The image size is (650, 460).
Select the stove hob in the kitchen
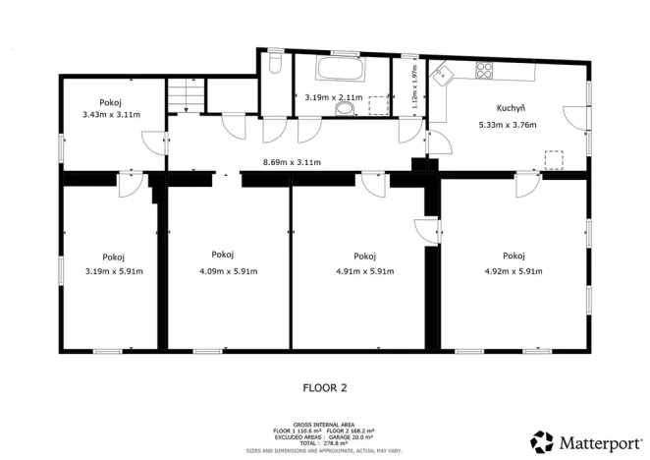484,69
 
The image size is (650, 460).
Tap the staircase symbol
185,96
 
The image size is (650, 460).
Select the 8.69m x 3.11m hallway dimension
294,162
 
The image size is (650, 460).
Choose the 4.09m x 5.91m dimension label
229,271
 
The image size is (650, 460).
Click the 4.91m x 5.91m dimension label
364,271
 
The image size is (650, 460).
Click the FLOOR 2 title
324,388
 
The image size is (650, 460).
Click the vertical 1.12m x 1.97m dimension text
414,87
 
